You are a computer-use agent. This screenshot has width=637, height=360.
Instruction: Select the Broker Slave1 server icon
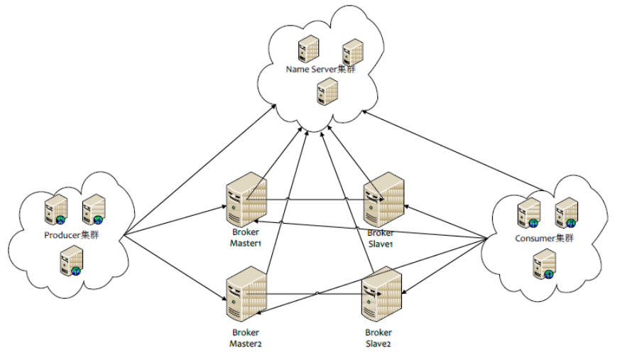(384, 199)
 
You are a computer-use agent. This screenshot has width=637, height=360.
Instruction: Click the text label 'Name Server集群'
(321, 70)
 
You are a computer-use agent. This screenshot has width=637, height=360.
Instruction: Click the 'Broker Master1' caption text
(246, 237)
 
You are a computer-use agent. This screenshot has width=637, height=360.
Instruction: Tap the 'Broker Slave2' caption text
(379, 337)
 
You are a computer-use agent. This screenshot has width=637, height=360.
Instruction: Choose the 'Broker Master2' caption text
(246, 337)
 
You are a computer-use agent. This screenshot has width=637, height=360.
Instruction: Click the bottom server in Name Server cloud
(327, 92)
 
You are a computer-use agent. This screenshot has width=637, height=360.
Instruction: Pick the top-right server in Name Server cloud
(353, 52)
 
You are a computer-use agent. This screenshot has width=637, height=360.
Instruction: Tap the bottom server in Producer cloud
(71, 261)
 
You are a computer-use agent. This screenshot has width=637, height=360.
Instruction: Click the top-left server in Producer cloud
(55, 211)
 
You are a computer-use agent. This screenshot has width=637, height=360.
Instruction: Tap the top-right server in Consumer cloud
(566, 212)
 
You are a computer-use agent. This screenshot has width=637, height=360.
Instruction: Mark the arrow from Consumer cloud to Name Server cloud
(454, 152)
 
